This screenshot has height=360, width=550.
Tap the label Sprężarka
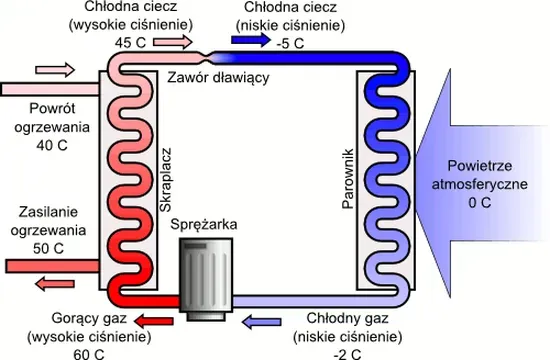pos(204,225)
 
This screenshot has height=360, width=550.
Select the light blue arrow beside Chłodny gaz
pos(267,320)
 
